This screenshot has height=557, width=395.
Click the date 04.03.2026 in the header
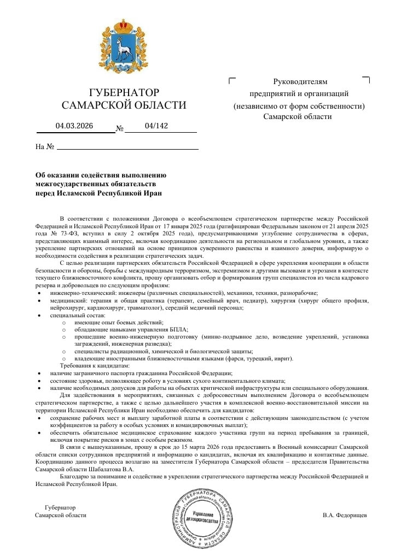(x=74, y=126)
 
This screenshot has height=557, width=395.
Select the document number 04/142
(x=156, y=126)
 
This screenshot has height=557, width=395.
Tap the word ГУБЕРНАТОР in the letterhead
(x=124, y=92)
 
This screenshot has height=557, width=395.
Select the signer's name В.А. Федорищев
(x=345, y=515)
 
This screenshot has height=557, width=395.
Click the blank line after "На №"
(x=127, y=147)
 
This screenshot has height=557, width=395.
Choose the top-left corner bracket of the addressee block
(x=231, y=80)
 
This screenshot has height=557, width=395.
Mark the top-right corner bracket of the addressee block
(x=366, y=80)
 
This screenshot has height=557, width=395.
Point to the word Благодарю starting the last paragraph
(x=74, y=476)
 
